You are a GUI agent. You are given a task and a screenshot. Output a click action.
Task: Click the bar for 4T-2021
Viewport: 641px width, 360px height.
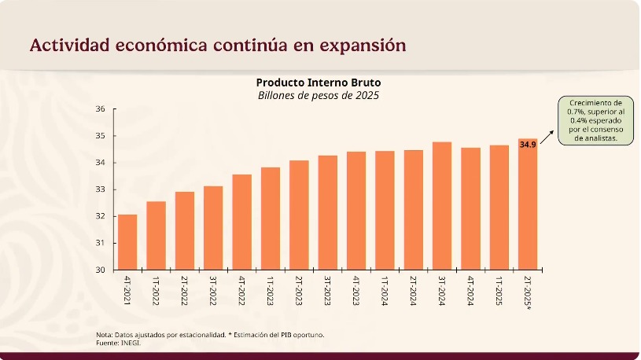tap(127, 242)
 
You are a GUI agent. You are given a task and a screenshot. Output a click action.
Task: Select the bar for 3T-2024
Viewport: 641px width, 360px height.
tap(442, 206)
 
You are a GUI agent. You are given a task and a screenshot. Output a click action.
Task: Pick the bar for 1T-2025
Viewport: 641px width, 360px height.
tap(499, 208)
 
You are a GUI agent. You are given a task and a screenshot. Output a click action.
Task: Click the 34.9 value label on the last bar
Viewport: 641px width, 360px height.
tap(528, 145)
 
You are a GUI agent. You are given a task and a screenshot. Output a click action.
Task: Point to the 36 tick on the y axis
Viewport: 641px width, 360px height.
tap(101, 109)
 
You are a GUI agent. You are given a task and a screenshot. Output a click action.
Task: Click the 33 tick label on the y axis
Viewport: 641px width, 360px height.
tap(101, 189)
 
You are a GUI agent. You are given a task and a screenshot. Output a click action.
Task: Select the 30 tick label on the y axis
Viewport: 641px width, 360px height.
tap(101, 270)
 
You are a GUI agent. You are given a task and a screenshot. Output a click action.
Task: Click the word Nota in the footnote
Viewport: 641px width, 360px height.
tap(105, 335)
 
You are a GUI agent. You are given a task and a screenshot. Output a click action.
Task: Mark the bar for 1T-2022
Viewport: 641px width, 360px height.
tap(156, 236)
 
